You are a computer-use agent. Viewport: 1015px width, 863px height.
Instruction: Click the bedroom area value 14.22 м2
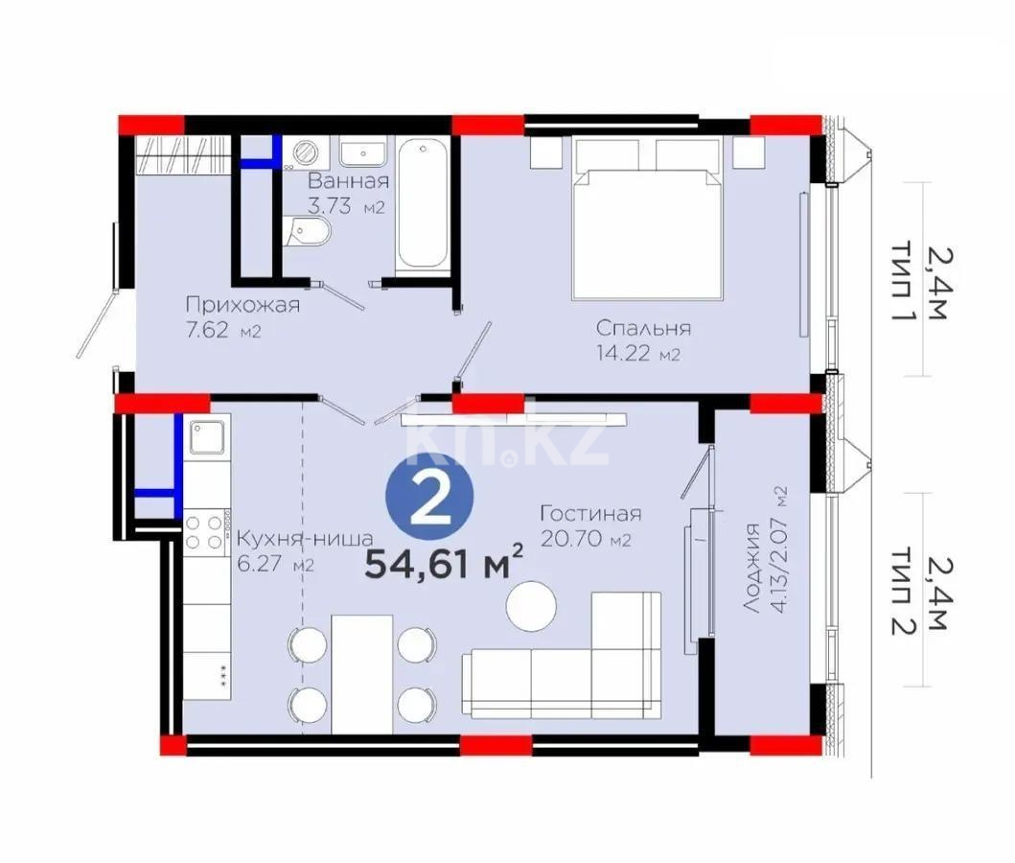(x=637, y=354)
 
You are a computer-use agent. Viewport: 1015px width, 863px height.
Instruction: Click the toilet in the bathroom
(x=310, y=231)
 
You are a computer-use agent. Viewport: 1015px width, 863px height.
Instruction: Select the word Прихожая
(x=242, y=306)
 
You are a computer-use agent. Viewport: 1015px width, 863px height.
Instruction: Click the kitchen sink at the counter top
(x=206, y=438)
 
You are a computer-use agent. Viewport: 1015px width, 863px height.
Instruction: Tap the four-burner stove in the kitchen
(x=204, y=530)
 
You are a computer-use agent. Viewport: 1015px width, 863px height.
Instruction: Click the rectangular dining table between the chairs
(x=362, y=673)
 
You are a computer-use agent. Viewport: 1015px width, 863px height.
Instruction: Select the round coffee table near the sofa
(x=532, y=606)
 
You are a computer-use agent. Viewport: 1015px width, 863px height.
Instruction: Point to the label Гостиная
(x=589, y=513)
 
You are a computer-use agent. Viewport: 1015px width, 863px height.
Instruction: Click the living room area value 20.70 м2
(x=585, y=539)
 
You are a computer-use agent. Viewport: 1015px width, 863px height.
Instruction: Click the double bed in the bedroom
(x=647, y=219)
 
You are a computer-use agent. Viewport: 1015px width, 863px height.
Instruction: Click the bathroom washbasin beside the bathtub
(x=363, y=152)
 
